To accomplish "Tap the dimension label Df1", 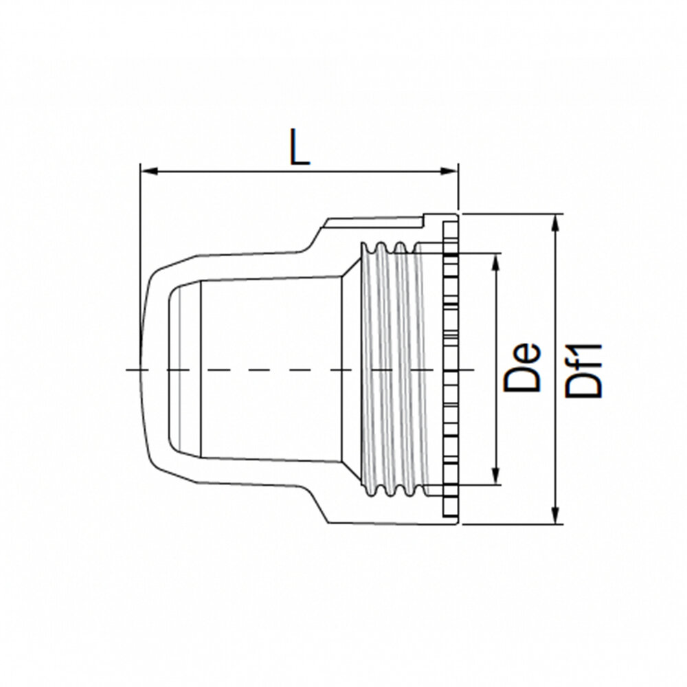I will [584, 370].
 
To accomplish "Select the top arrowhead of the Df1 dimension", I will [556, 221].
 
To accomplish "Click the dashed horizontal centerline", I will [275, 370].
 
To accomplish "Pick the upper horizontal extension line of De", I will [474, 253].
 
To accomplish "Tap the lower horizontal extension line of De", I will [474, 487].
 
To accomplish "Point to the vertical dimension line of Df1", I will [556, 309].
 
